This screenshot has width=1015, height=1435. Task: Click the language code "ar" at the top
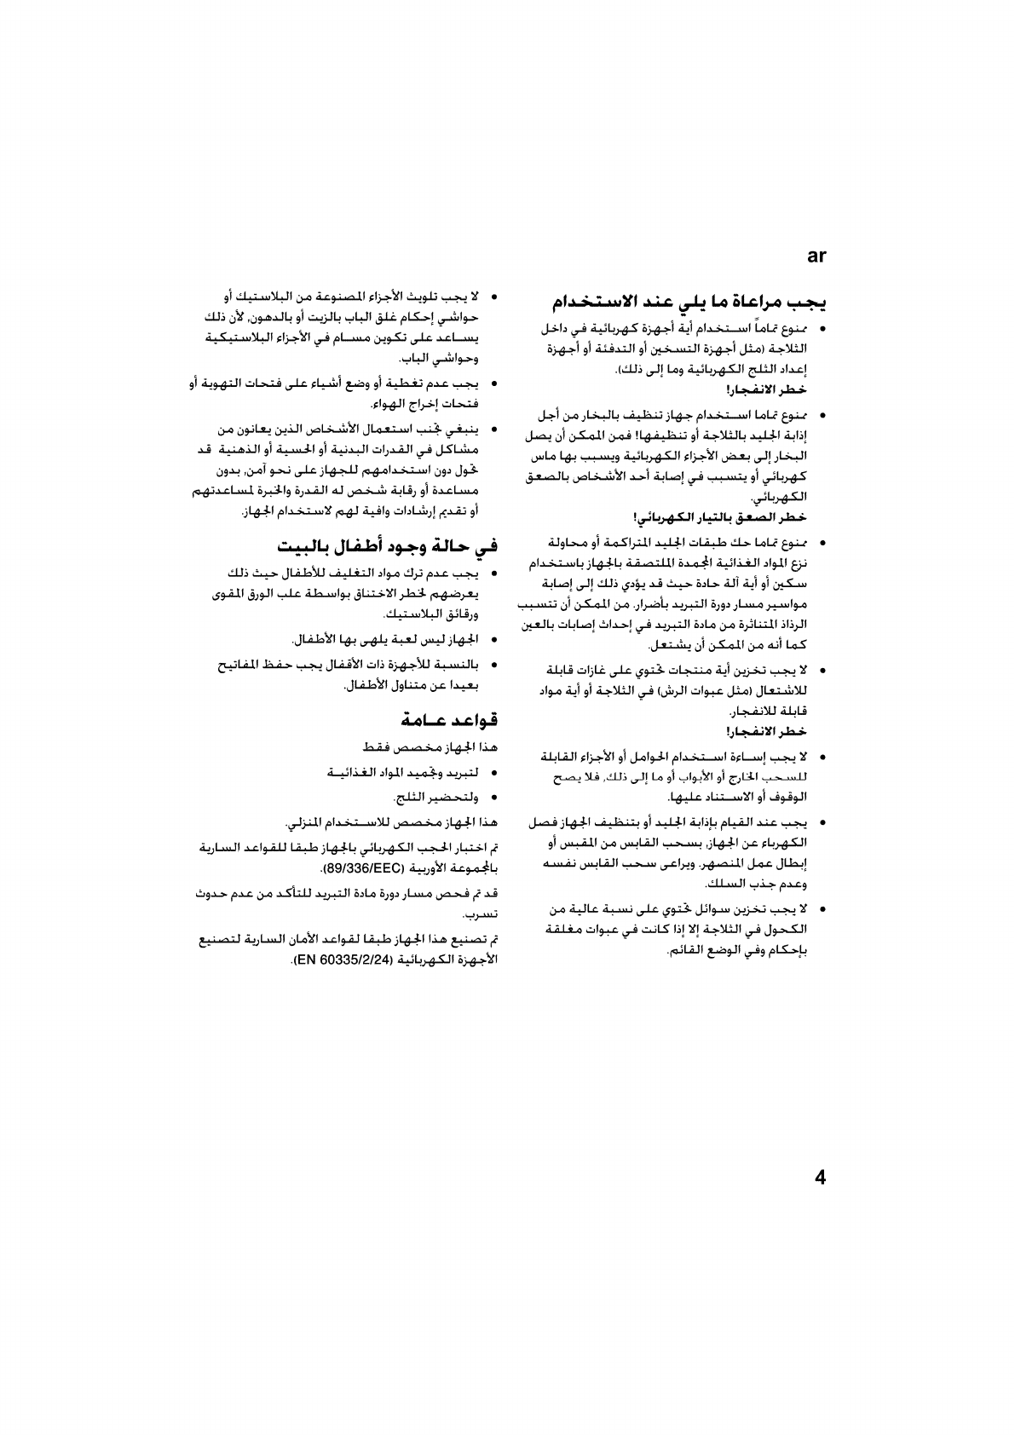coord(816,256)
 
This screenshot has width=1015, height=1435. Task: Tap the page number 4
coord(820,1179)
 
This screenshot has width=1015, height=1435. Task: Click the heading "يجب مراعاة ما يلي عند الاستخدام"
coord(689,303)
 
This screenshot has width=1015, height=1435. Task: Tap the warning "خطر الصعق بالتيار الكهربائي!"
coord(721,517)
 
